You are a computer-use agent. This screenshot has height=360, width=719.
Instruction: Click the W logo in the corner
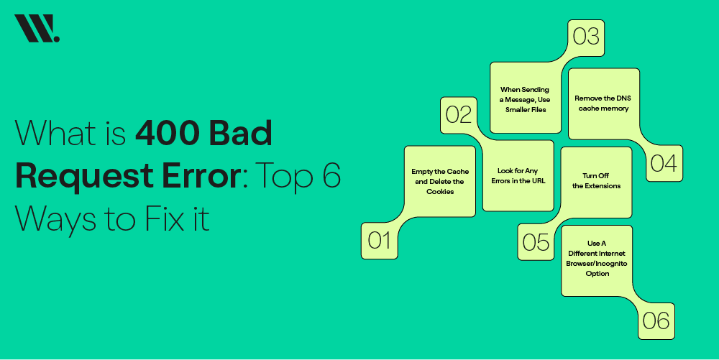37,29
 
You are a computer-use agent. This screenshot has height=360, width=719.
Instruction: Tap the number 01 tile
379,240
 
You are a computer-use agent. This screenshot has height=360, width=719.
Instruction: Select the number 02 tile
458,114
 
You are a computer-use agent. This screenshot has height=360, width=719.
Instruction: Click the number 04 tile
664,163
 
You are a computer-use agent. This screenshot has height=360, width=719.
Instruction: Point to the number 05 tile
536,241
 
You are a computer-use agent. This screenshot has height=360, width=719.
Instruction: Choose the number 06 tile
656,320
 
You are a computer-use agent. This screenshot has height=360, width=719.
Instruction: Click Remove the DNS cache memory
602,103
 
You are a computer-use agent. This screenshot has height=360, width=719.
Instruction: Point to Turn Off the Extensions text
596,180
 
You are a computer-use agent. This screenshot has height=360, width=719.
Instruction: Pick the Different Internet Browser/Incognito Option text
596,258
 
